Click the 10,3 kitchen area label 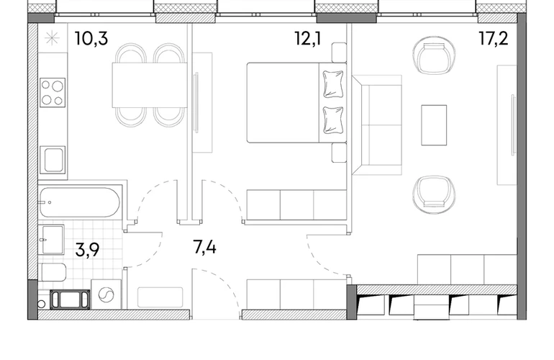(x=91, y=38)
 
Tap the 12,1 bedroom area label (x=308, y=38)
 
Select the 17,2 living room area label (x=494, y=38)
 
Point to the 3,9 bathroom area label (x=87, y=250)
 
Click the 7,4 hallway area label (x=204, y=247)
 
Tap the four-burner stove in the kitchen (x=53, y=93)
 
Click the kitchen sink (x=53, y=160)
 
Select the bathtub (x=80, y=202)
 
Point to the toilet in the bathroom (x=53, y=272)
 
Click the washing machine (x=106, y=294)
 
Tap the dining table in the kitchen (x=150, y=85)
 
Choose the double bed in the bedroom (x=296, y=102)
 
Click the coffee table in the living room (x=434, y=125)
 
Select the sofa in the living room (x=377, y=125)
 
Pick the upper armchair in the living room (x=434, y=56)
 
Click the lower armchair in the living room (x=434, y=194)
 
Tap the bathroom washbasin (x=52, y=240)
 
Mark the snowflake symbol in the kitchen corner (x=52, y=38)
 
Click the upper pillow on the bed (x=333, y=84)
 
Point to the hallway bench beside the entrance (x=160, y=297)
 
